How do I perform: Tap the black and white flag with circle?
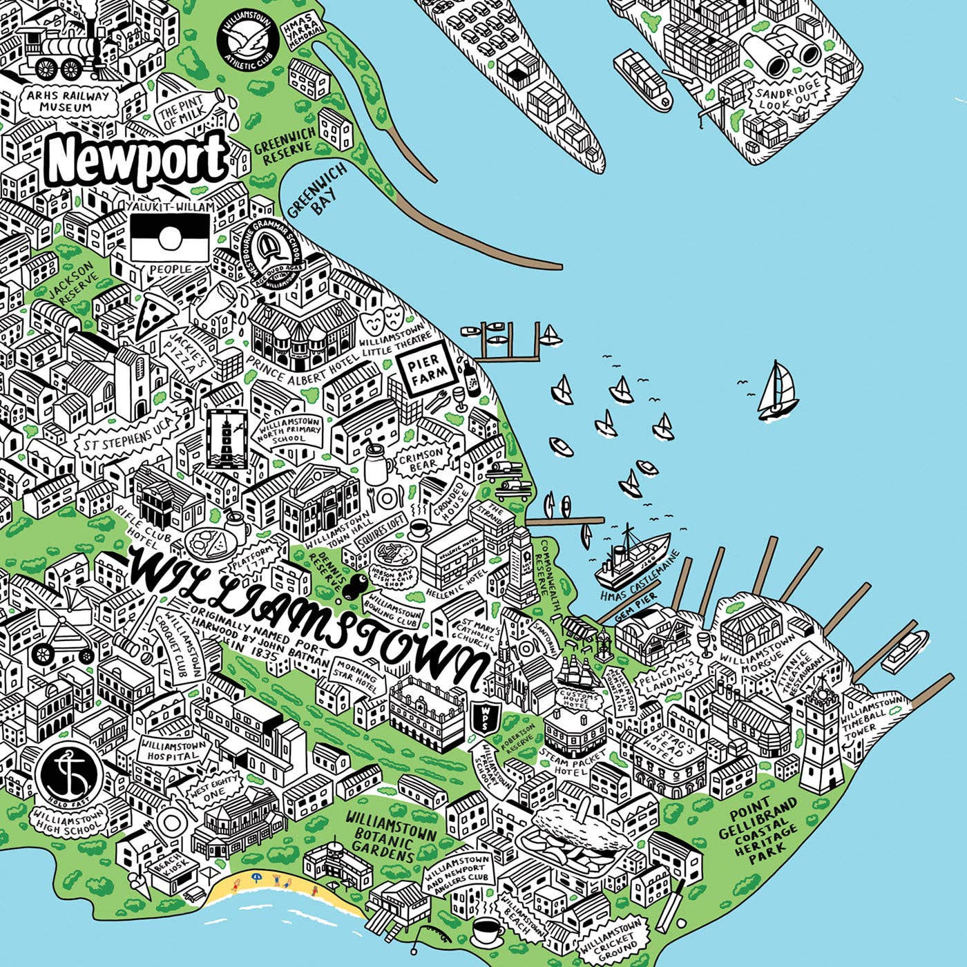coord(170,237)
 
